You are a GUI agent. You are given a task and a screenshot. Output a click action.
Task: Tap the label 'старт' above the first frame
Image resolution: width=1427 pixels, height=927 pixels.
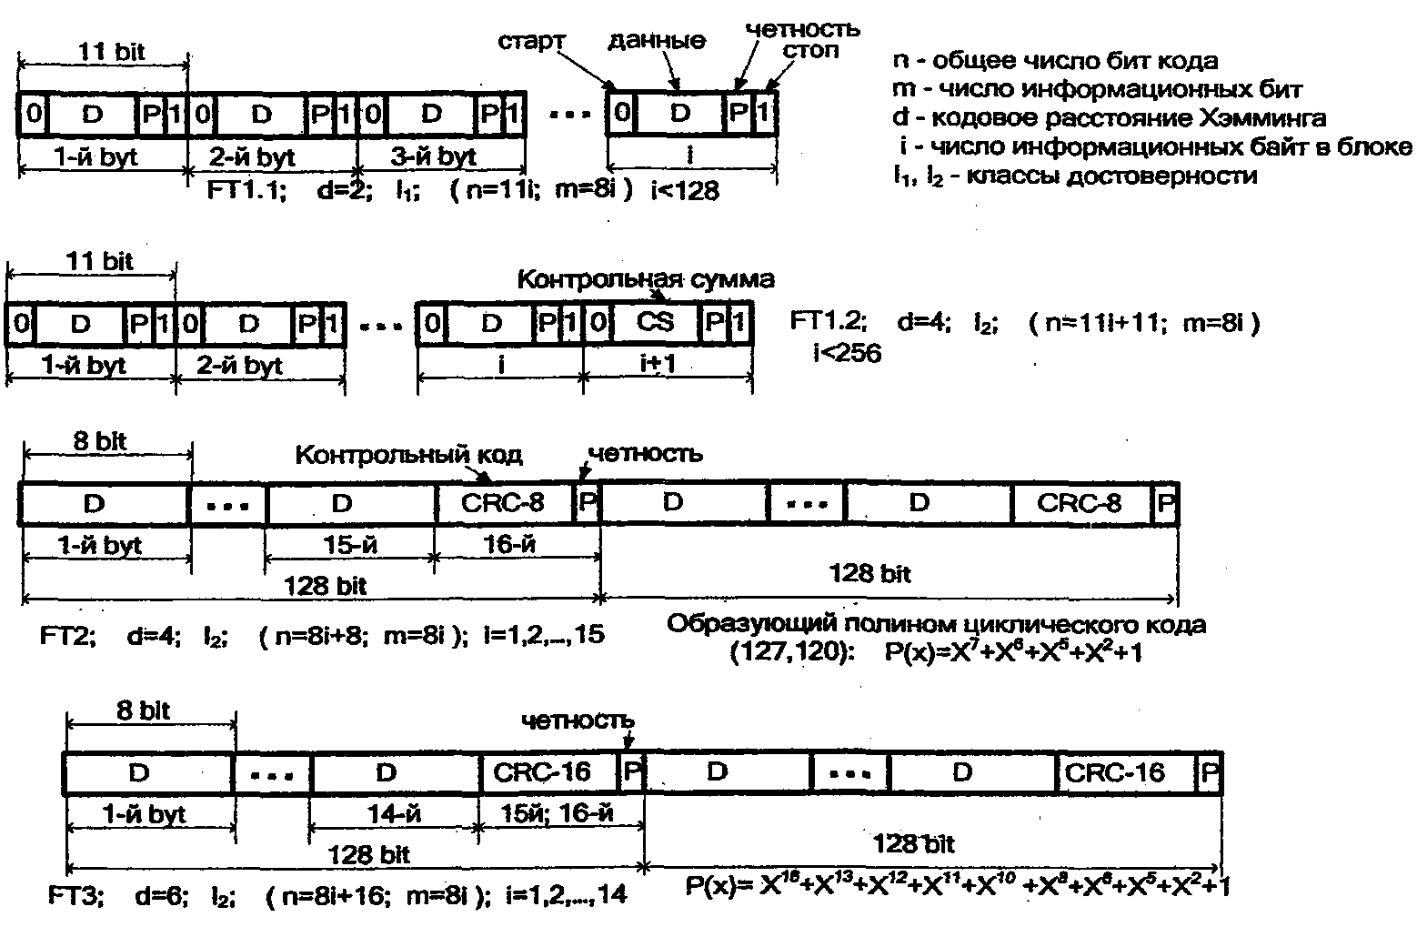click(x=532, y=42)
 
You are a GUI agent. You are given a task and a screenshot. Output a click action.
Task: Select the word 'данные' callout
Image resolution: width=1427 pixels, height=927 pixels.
click(x=656, y=40)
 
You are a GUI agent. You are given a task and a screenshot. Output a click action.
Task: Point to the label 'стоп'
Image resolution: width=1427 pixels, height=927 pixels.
click(x=811, y=50)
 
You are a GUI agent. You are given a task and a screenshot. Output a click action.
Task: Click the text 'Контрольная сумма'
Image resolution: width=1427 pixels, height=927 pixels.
click(x=646, y=279)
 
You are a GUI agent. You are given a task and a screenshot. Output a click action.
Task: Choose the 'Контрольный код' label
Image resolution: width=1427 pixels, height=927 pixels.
click(x=409, y=454)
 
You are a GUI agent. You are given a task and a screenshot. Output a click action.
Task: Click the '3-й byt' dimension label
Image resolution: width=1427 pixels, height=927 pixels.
click(x=433, y=156)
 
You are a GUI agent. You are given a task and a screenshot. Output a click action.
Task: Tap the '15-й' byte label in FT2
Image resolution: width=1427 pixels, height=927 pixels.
click(x=350, y=546)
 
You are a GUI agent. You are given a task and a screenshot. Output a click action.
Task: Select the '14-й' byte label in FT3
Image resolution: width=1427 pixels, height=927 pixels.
click(x=393, y=815)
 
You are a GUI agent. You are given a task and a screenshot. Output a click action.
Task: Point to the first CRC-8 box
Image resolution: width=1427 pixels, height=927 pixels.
click(x=504, y=503)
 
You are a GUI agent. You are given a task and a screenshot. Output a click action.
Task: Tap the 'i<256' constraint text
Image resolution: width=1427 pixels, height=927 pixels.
click(x=847, y=353)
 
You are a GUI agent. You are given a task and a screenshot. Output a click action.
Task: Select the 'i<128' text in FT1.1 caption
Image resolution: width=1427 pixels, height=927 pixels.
click(x=685, y=190)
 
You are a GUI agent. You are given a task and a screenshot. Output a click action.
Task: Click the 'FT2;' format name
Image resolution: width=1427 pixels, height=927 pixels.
click(x=68, y=636)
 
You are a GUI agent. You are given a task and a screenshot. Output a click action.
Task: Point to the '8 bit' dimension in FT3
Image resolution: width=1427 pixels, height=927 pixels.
click(x=143, y=710)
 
